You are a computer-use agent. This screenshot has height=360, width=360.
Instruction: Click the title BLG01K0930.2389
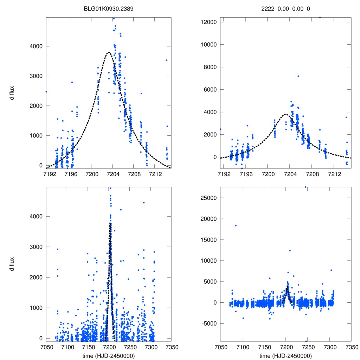(x=109, y=9)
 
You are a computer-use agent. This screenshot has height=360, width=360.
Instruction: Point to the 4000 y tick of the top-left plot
(x=37, y=46)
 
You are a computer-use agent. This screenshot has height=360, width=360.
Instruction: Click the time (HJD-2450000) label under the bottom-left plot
(x=109, y=355)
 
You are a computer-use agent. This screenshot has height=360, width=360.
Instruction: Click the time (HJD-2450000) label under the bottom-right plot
(x=285, y=355)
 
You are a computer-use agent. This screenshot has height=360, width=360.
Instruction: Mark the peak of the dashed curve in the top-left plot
(x=108, y=52)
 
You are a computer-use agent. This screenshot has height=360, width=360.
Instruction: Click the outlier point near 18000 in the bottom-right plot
(x=236, y=226)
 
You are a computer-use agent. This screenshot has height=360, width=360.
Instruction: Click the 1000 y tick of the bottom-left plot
(x=37, y=308)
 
